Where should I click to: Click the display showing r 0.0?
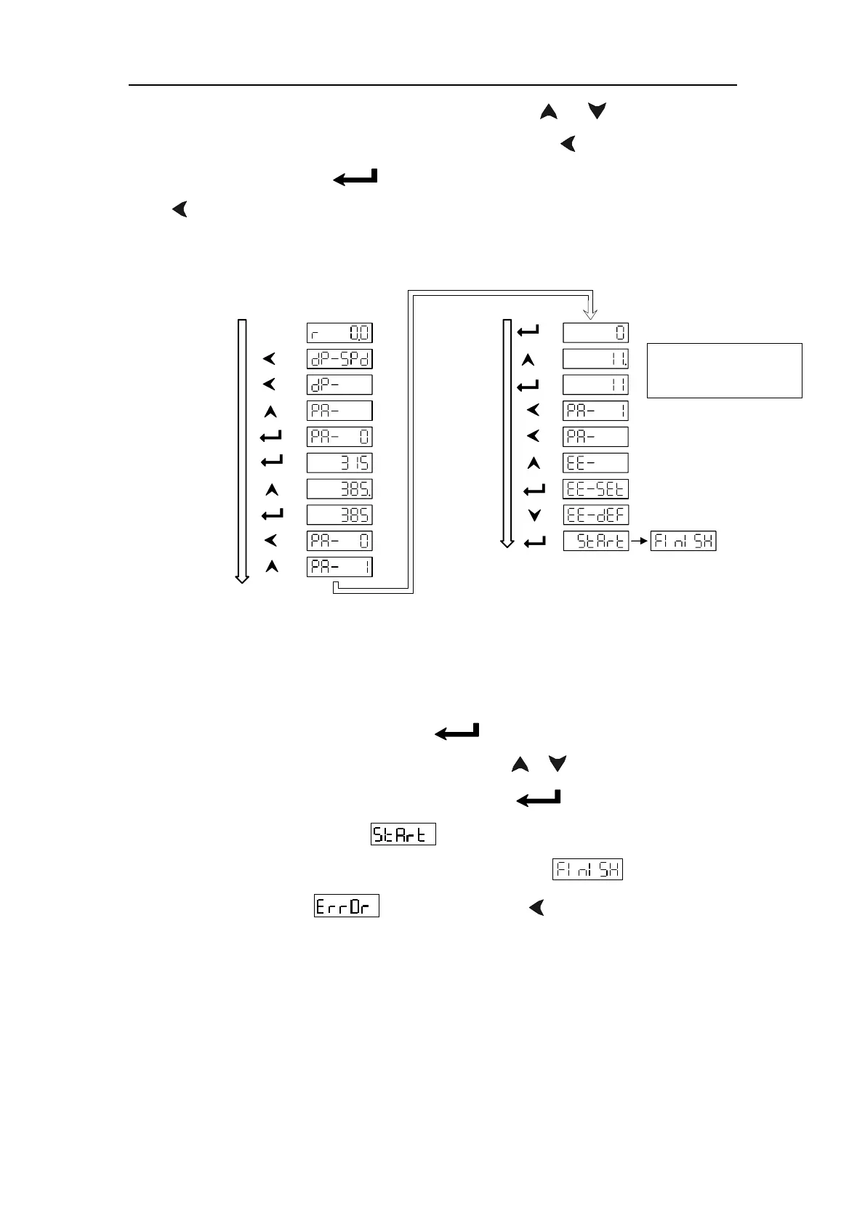[x=339, y=333]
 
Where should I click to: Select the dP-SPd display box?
[x=339, y=359]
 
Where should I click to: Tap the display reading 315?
[x=339, y=463]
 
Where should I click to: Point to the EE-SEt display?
[x=595, y=489]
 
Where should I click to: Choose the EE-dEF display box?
[x=595, y=515]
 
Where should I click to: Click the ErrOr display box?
[x=346, y=907]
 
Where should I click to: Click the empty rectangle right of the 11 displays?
[x=724, y=371]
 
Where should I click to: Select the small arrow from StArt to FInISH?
[x=639, y=541]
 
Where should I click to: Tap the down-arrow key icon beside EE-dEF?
[x=534, y=515]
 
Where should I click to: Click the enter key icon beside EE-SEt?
[x=534, y=490]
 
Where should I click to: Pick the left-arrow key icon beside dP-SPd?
[x=270, y=359]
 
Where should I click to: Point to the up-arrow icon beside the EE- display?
[x=534, y=463]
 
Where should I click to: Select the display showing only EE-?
[x=595, y=463]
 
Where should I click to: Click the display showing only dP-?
[x=339, y=384]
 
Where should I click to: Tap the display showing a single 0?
[x=595, y=333]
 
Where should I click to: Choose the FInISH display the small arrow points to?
[x=683, y=541]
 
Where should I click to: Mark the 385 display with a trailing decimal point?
[x=339, y=488]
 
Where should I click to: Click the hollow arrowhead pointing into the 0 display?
[x=591, y=313]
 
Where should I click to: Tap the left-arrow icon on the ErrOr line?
[x=536, y=907]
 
